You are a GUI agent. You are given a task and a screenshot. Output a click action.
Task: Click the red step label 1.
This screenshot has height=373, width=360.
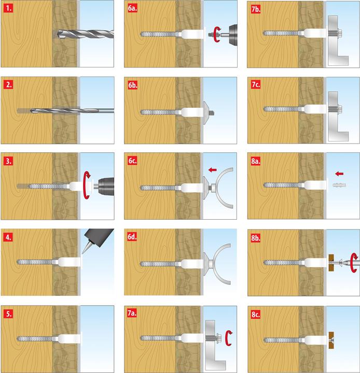pyautogui.click(x=8, y=8)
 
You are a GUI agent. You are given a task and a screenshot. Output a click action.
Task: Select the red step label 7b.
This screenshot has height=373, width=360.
pyautogui.click(x=256, y=9)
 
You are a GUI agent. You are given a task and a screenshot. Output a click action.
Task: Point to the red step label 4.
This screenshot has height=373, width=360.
pyautogui.click(x=8, y=237)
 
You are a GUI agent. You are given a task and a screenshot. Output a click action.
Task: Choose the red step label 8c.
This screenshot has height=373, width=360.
pyautogui.click(x=256, y=314)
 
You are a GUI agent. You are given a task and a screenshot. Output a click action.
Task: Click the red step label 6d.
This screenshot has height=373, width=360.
pyautogui.click(x=132, y=237)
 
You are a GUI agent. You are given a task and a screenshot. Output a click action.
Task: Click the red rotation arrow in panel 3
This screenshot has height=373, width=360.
pyautogui.click(x=87, y=185)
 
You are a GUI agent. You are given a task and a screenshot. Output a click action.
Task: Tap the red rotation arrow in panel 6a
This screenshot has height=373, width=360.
pyautogui.click(x=217, y=35)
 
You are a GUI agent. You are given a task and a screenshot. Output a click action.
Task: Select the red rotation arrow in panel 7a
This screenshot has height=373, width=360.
pyautogui.click(x=229, y=338)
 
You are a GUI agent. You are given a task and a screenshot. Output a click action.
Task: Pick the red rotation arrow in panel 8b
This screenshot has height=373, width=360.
pyautogui.click(x=354, y=263)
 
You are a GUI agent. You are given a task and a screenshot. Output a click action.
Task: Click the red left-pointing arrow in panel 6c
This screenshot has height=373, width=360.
pyautogui.click(x=212, y=170)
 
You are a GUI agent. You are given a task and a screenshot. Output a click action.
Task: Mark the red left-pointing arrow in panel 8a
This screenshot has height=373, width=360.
pyautogui.click(x=339, y=174)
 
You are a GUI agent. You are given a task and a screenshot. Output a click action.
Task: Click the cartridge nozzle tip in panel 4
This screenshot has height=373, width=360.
pyautogui.click(x=82, y=253)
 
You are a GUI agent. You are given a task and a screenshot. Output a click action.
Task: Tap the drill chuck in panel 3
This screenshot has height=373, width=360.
pyautogui.click(x=106, y=187)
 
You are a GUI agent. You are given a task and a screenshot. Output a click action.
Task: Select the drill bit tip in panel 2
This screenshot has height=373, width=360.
pyautogui.click(x=31, y=111)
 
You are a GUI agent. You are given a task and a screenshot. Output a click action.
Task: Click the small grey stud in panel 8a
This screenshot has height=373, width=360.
pyautogui.click(x=339, y=185)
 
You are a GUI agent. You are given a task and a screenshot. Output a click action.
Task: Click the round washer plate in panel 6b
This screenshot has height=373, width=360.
pyautogui.click(x=205, y=113)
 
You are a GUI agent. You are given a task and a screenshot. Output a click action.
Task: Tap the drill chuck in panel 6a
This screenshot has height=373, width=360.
pyautogui.click(x=233, y=34)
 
